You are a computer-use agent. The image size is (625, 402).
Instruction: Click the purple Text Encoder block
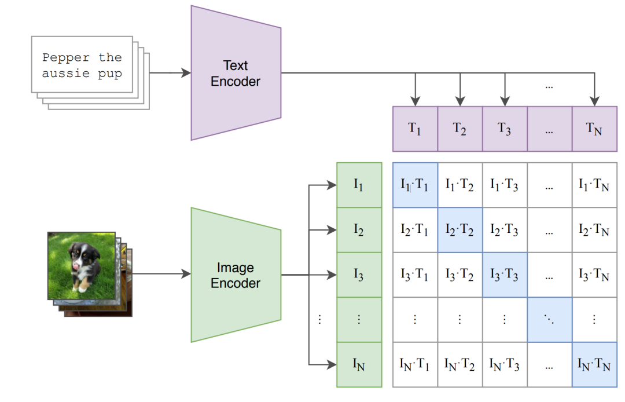[x=236, y=73]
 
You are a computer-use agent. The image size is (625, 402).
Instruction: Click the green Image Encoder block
[x=236, y=275]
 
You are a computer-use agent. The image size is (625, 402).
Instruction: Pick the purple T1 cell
[x=415, y=129]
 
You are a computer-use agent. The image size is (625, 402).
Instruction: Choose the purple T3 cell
[x=505, y=129]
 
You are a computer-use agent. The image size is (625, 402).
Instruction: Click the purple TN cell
[x=594, y=129]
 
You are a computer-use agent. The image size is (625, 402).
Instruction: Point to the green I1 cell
[x=359, y=185]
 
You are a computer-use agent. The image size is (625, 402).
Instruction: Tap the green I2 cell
[x=359, y=230]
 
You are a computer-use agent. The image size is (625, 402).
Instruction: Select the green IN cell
[x=359, y=365]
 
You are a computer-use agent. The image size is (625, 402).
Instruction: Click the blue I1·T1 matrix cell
[x=415, y=185]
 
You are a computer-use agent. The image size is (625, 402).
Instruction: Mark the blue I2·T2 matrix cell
[x=460, y=230]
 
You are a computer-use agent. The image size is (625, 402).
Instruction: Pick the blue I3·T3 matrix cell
[x=505, y=275]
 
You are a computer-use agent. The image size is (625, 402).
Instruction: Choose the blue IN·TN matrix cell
[x=594, y=365]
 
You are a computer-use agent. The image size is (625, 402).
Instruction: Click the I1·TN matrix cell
[x=594, y=185]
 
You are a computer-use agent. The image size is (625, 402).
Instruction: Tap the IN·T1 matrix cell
[x=415, y=365]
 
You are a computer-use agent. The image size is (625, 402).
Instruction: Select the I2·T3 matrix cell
[x=505, y=230]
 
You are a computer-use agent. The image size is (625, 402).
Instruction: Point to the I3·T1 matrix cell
[x=415, y=275]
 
